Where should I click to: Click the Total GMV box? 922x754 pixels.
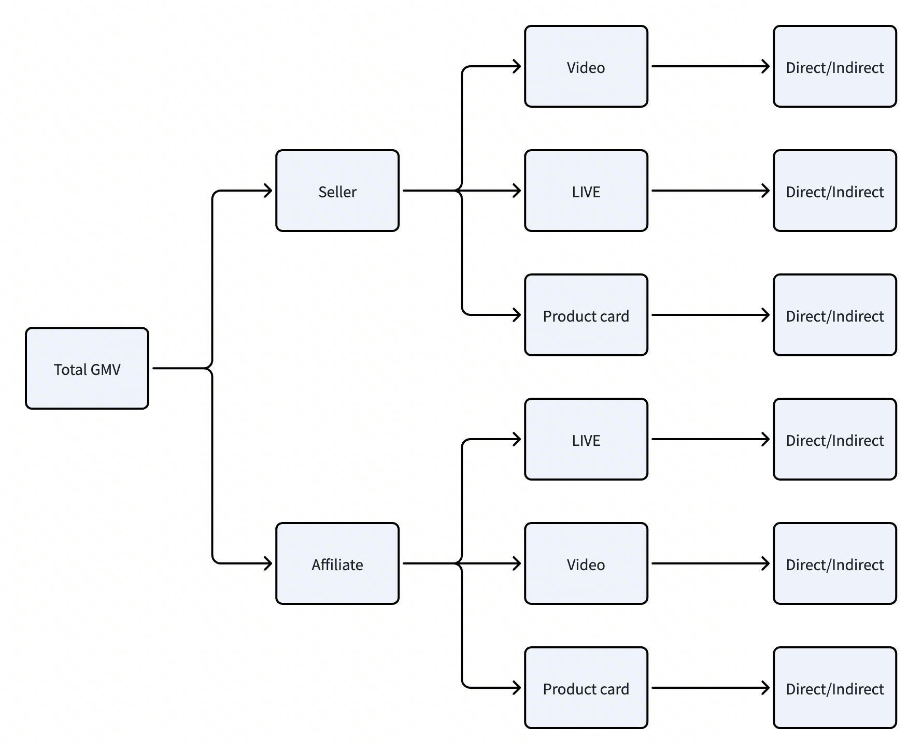pos(87,368)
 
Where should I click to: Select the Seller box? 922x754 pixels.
pos(337,191)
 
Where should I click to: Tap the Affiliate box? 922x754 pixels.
pos(337,563)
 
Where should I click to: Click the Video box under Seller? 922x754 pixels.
pos(586,66)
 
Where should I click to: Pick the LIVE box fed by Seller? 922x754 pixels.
pos(586,191)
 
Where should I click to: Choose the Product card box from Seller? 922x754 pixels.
pos(586,315)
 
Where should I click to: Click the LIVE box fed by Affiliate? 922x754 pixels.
pos(586,439)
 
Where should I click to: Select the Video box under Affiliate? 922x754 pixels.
pos(586,563)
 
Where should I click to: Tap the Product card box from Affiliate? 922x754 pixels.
pos(586,688)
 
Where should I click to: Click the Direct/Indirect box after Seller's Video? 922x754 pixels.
pos(835,66)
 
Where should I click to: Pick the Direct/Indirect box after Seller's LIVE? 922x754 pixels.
pos(835,191)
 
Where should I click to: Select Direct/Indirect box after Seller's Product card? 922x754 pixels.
pos(835,315)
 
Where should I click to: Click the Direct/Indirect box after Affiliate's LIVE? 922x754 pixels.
pos(835,439)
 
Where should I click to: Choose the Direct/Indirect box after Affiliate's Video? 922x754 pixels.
pos(835,563)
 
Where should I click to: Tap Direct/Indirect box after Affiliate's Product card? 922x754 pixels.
pos(835,688)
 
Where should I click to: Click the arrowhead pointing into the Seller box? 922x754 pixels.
pos(268,191)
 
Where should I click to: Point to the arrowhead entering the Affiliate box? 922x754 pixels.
pos(268,563)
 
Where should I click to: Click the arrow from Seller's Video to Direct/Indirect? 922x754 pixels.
pos(711,66)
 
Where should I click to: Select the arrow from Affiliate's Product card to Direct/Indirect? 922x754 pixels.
pos(711,688)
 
